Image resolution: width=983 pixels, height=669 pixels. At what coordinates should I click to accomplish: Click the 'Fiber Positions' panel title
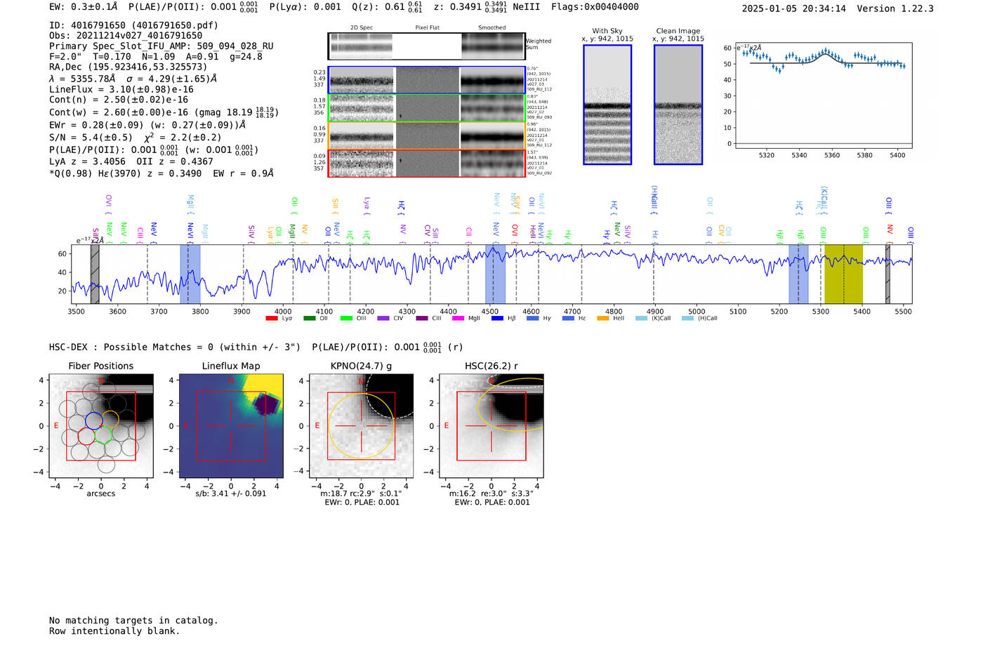tap(100, 366)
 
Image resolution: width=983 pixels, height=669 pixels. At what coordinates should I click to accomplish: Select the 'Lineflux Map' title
tap(230, 366)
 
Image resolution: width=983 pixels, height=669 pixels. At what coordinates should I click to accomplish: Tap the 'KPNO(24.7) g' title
tap(361, 366)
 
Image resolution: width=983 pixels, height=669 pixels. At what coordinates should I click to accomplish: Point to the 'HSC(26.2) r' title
tap(491, 366)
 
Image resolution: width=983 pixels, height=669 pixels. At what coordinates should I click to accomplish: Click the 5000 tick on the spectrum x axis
tap(697, 311)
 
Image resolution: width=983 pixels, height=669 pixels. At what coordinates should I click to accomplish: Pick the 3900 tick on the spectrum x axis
tap(242, 311)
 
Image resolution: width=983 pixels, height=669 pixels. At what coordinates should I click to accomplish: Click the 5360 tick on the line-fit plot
tap(832, 155)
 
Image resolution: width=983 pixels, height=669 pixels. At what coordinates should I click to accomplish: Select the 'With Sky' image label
tap(607, 31)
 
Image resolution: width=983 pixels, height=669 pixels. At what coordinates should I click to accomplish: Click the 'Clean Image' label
tap(678, 31)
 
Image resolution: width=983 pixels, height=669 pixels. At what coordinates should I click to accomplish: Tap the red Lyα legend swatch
tap(272, 319)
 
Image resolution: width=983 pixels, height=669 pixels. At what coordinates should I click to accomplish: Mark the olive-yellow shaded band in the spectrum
tap(843, 274)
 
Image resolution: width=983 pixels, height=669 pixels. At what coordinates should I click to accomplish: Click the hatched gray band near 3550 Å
tap(95, 274)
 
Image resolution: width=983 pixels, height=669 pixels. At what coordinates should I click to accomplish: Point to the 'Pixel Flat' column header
tap(427, 27)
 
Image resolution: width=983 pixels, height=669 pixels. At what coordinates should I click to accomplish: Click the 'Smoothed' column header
tap(491, 27)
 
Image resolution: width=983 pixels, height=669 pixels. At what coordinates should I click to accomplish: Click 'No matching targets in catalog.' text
tap(133, 621)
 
